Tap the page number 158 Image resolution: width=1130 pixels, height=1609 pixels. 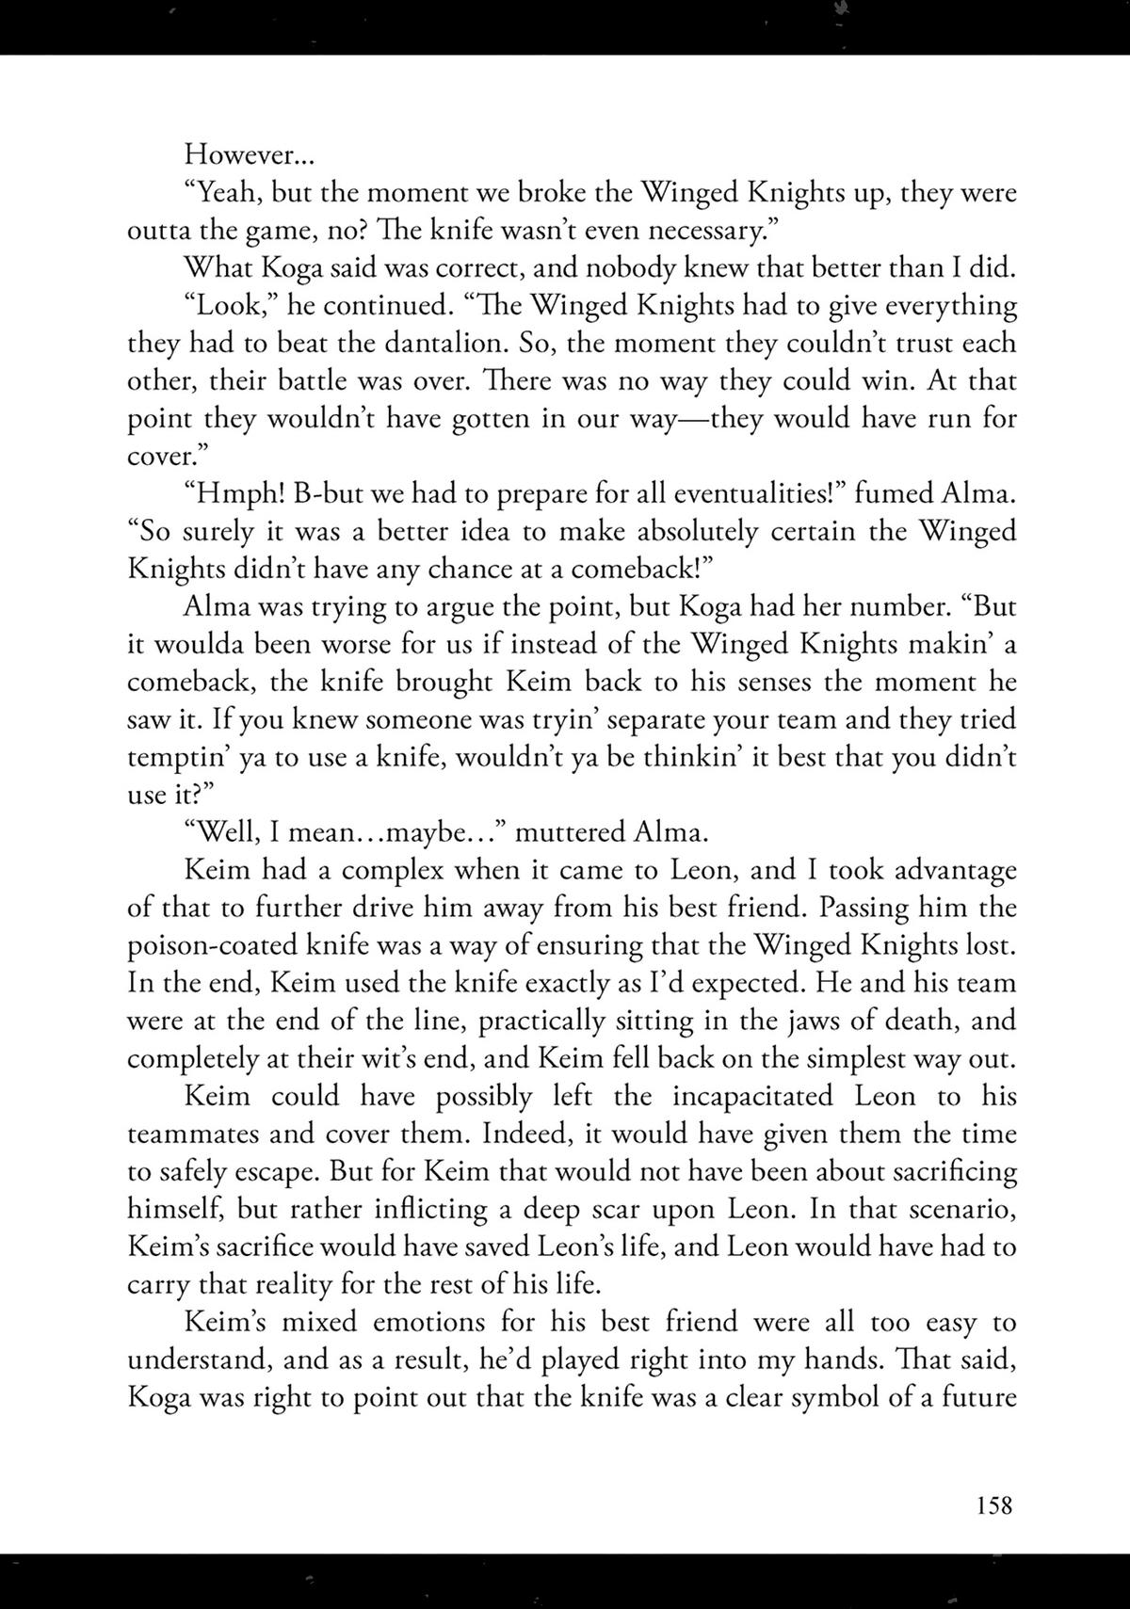click(x=993, y=1504)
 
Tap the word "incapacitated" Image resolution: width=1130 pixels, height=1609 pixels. click(x=752, y=1096)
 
